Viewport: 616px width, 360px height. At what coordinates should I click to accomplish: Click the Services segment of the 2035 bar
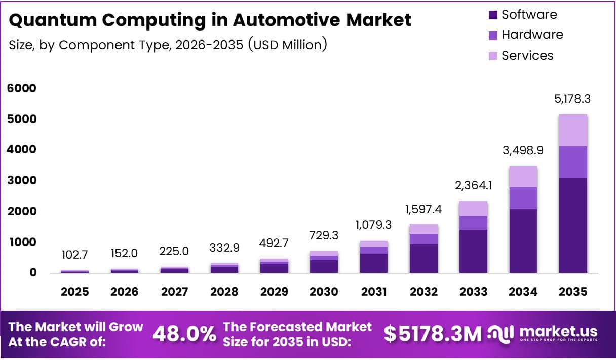(x=573, y=131)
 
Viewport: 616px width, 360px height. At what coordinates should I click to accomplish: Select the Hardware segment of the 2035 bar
(x=573, y=162)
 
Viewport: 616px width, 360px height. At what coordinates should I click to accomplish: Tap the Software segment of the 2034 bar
(x=523, y=241)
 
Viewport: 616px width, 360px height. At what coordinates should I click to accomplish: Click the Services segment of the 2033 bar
(x=473, y=208)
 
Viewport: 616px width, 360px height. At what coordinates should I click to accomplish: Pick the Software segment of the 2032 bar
(x=423, y=258)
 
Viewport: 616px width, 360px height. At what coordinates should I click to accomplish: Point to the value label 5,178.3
(x=573, y=99)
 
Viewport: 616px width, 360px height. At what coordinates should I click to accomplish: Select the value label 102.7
(x=74, y=255)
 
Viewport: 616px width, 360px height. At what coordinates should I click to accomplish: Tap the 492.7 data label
(x=274, y=243)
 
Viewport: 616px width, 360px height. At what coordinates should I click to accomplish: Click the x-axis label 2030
(x=324, y=292)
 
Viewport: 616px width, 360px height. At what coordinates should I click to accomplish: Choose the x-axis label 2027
(x=174, y=292)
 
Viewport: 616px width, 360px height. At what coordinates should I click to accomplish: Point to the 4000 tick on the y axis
(x=22, y=150)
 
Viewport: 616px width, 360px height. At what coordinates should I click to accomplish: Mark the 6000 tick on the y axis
(x=22, y=88)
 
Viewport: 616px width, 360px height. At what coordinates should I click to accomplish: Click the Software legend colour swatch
(x=493, y=15)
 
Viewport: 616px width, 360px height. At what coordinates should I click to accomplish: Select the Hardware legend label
(x=532, y=35)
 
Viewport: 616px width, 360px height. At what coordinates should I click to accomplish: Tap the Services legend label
(x=527, y=55)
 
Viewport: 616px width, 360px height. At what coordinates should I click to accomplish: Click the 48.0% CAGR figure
(x=184, y=334)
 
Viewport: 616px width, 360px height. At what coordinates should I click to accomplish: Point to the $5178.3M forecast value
(x=433, y=334)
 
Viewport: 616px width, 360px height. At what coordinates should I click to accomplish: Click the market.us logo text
(x=558, y=332)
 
